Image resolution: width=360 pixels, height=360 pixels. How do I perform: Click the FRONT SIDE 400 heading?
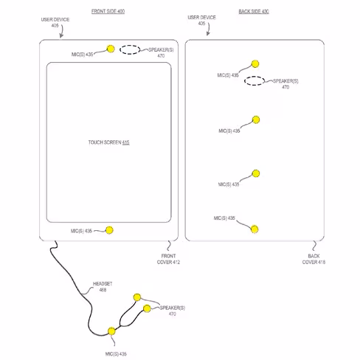point(108,11)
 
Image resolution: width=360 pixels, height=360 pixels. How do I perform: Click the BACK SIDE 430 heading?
point(254,11)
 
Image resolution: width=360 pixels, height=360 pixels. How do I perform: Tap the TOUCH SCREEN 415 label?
point(108,142)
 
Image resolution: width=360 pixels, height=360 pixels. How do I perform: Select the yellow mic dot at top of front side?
point(111,49)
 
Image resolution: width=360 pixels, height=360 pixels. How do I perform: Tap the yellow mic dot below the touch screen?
point(109,230)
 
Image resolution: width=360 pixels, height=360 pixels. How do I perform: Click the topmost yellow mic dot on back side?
point(255,64)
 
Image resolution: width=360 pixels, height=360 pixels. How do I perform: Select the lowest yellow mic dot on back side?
point(255,229)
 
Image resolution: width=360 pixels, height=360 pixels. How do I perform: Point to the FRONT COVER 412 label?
point(168,259)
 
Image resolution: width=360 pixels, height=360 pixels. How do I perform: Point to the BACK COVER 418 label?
point(314,259)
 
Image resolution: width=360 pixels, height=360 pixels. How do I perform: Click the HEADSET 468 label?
point(103,287)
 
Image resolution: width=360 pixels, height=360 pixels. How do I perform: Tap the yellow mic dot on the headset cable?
point(111,331)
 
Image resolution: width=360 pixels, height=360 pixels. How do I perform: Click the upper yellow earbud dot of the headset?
point(137,297)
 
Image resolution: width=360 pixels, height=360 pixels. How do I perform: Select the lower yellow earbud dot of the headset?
point(147,308)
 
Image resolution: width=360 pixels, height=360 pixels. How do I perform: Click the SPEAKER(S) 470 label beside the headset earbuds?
point(173,311)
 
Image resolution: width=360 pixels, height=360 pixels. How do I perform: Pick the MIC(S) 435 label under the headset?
point(116,354)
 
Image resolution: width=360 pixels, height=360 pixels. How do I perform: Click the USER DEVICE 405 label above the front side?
point(55,22)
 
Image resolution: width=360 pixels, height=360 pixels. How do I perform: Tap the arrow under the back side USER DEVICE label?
point(209,29)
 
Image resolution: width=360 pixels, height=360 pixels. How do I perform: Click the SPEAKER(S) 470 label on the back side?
point(285,84)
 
